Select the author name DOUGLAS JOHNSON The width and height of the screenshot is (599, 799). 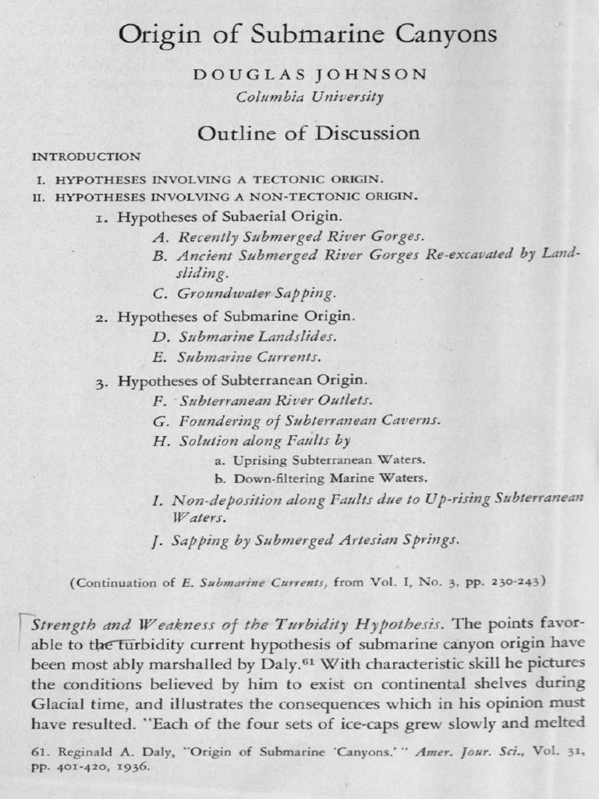pos(310,75)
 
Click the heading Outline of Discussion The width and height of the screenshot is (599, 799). pos(308,133)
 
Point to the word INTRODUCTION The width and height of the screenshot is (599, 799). pos(86,157)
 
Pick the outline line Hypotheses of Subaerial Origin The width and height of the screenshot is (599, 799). pos(229,216)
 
